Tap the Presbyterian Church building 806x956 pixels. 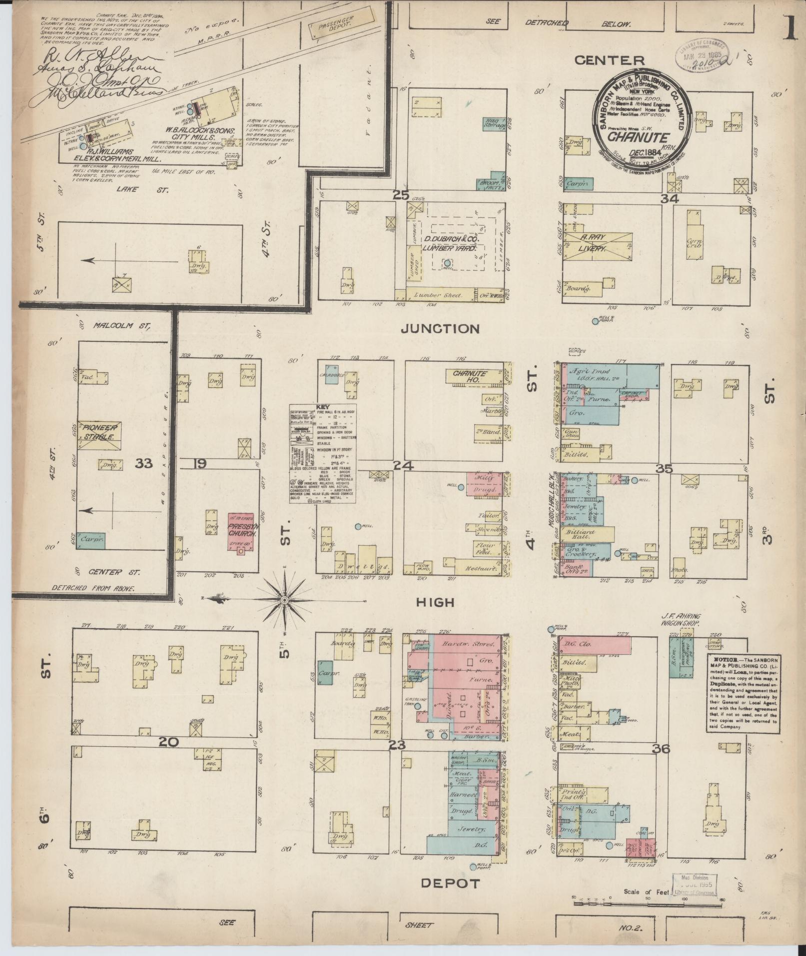click(242, 531)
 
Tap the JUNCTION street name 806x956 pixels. click(441, 329)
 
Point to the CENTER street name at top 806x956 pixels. click(609, 61)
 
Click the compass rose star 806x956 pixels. click(284, 599)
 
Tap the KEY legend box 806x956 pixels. click(323, 453)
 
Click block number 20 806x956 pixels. click(168, 743)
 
